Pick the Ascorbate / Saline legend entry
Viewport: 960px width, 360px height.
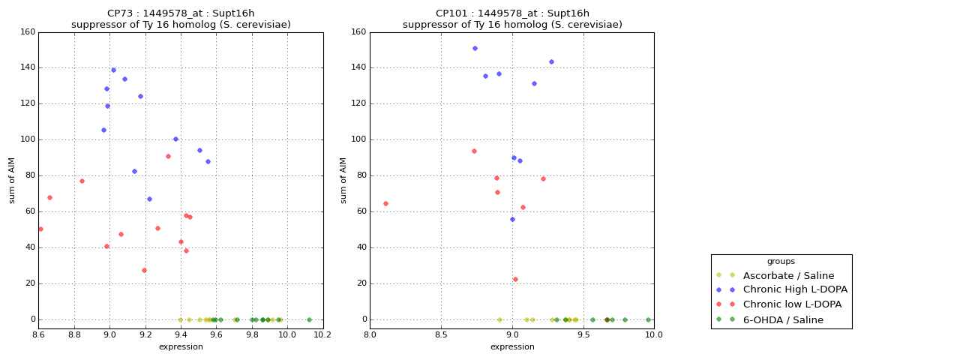(x=788, y=275)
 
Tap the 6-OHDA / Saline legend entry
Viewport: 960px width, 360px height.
(x=783, y=319)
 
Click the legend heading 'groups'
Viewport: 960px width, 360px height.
(x=781, y=261)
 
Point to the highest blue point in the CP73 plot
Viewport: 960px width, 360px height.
(x=113, y=70)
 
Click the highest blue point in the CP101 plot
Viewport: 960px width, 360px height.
(x=475, y=48)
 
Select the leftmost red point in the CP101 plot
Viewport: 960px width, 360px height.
(x=385, y=203)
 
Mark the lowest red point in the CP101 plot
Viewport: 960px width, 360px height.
(x=515, y=279)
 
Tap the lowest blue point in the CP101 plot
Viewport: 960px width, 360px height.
(x=512, y=219)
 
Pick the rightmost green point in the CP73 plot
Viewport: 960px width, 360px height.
(x=309, y=319)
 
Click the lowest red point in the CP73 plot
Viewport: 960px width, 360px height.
(x=144, y=270)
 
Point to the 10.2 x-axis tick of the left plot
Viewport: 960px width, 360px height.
(x=322, y=334)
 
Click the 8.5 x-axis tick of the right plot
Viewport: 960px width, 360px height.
(x=441, y=334)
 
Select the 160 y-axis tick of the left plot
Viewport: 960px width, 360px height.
(x=27, y=32)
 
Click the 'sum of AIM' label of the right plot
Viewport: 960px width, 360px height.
(x=343, y=180)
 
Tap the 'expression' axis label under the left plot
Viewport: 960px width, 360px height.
(x=181, y=346)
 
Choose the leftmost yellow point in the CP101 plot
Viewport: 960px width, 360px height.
(x=499, y=319)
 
